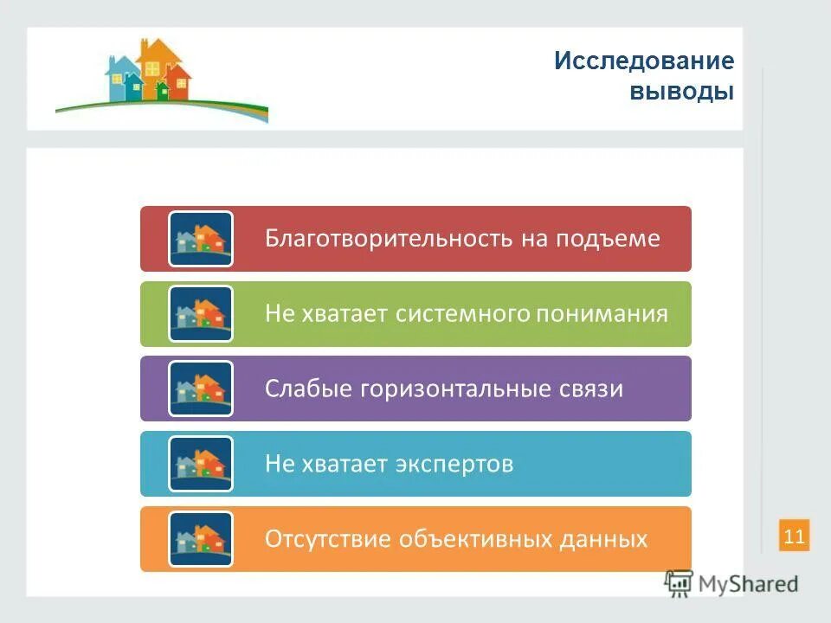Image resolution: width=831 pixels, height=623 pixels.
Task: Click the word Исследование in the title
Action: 644,61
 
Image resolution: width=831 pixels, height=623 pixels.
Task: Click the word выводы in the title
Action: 681,92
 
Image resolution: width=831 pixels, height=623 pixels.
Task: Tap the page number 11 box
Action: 794,536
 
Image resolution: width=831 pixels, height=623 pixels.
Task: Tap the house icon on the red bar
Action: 201,239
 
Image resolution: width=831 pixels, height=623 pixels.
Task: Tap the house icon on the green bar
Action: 201,314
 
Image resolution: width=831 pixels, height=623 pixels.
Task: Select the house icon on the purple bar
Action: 201,389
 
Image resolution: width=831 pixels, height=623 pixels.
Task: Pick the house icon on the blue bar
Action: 201,465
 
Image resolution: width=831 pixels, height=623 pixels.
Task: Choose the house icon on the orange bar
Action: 201,539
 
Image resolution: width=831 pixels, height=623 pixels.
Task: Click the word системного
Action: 463,314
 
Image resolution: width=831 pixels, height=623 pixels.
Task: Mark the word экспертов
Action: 454,465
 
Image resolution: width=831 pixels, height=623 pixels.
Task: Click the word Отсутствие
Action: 328,539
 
